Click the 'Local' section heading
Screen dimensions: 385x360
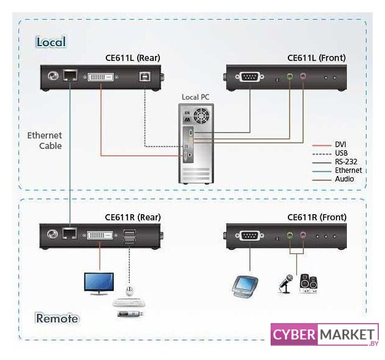(51, 42)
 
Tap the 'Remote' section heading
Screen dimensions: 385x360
(57, 318)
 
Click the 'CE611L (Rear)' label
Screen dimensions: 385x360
(133, 58)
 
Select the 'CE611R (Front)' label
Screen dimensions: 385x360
(317, 217)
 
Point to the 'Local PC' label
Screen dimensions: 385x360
(196, 97)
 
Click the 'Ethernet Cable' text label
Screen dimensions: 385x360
(45, 140)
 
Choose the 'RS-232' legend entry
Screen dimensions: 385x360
(346, 162)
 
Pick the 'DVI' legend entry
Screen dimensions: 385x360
(340, 145)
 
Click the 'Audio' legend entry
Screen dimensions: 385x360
(344, 179)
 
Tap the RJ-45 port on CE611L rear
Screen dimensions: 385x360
(70, 75)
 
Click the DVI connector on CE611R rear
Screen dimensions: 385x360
(100, 235)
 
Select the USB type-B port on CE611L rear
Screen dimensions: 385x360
(143, 76)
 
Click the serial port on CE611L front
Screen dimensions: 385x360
(250, 77)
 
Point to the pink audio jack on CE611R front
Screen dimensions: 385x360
(303, 235)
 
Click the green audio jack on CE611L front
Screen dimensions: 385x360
(290, 76)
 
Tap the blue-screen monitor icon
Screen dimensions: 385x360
(99, 284)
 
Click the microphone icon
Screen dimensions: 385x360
(286, 284)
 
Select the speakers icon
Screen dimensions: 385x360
(308, 284)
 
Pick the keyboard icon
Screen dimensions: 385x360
(129, 303)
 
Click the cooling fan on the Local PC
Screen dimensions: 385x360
(201, 116)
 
